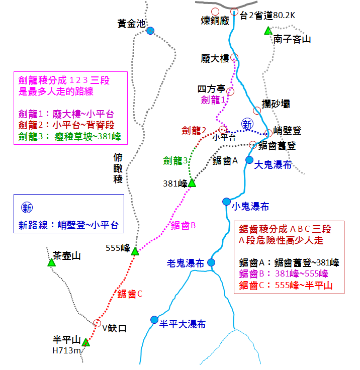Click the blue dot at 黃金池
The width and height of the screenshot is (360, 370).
pyautogui.click(x=150, y=31)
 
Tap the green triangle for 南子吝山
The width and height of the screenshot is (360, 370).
pyautogui.click(x=268, y=31)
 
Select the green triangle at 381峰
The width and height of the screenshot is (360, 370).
pyautogui.click(x=192, y=183)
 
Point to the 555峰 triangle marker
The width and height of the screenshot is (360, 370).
pyautogui.click(x=135, y=251)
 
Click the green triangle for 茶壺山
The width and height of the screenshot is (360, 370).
pyautogui.click(x=51, y=262)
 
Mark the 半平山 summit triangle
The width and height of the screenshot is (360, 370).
pyautogui.click(x=86, y=342)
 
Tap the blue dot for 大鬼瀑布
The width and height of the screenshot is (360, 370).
pyautogui.click(x=249, y=160)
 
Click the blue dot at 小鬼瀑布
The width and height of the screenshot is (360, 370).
pyautogui.click(x=226, y=202)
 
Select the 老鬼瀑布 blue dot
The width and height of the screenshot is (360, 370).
pyautogui.click(x=211, y=262)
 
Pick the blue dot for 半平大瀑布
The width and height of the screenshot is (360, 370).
pyautogui.click(x=154, y=320)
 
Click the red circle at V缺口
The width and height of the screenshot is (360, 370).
pyautogui.click(x=97, y=323)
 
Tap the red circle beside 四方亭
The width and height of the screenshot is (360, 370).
pyautogui.click(x=230, y=91)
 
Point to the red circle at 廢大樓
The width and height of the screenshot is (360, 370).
pyautogui.click(x=234, y=57)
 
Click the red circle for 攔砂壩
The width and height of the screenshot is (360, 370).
pyautogui.click(x=257, y=111)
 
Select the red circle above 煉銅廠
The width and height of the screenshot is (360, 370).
pyautogui.click(x=215, y=12)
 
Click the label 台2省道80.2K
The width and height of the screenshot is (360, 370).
pyautogui.click(x=267, y=16)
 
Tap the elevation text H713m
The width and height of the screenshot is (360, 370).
pyautogui.click(x=66, y=351)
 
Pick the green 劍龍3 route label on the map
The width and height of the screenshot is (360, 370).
pyautogui.click(x=175, y=161)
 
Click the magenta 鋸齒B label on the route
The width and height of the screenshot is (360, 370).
pyautogui.click(x=183, y=226)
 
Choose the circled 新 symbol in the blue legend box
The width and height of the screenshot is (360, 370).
pyautogui.click(x=27, y=208)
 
